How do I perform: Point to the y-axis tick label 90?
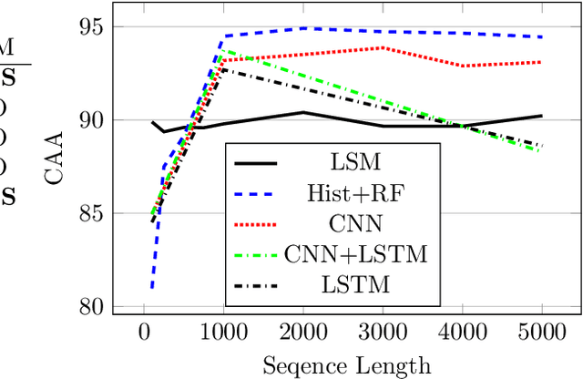(93, 120)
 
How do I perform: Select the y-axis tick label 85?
(93, 213)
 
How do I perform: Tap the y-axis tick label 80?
(93, 306)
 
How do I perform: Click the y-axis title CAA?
(55, 160)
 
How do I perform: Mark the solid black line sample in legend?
(257, 163)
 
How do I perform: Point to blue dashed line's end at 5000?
(542, 37)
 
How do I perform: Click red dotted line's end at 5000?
(542, 62)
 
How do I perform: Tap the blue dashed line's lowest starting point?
(151, 288)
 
